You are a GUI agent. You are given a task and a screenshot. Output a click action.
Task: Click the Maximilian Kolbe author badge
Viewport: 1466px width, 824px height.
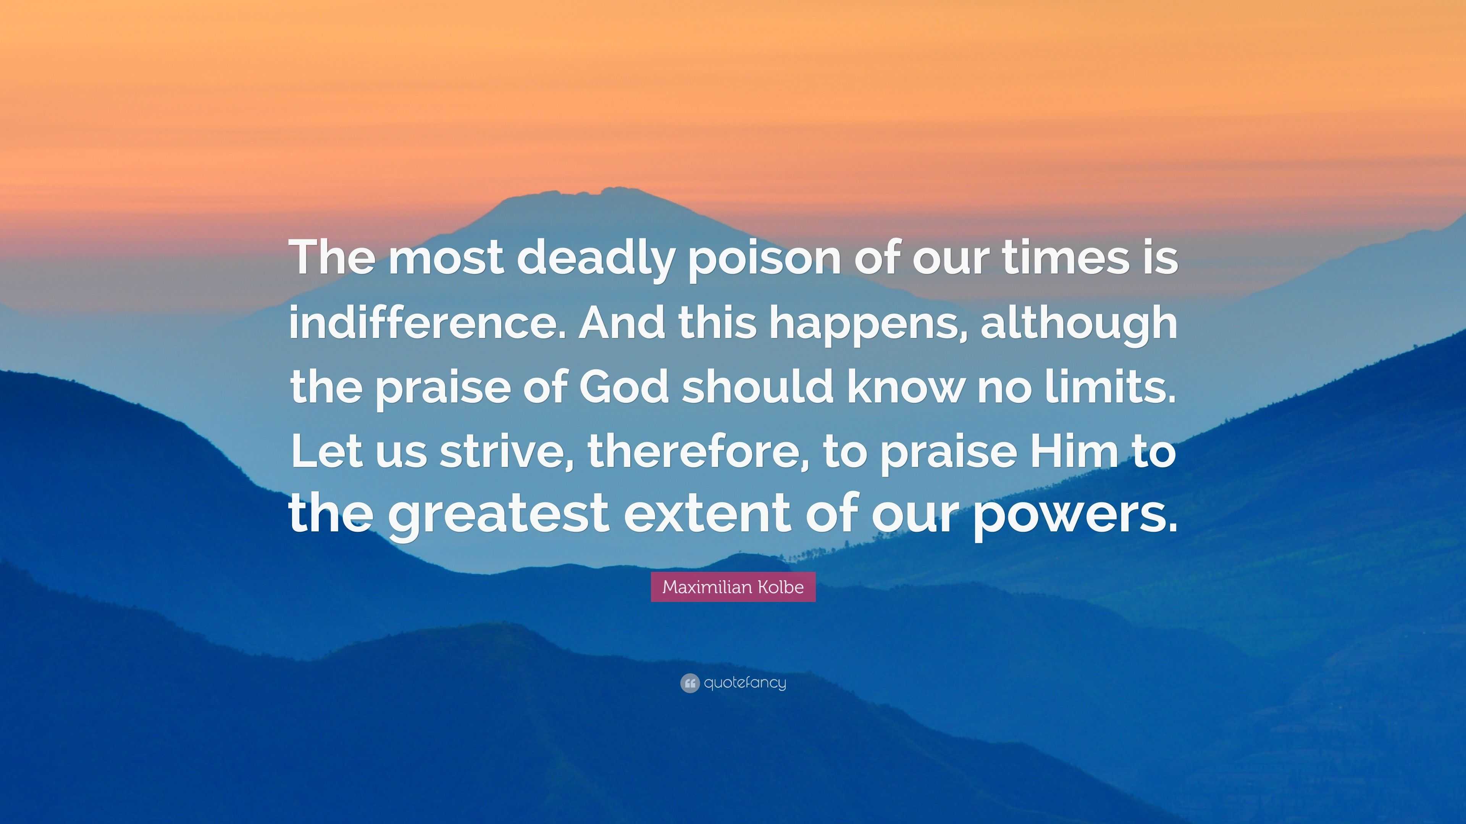(x=733, y=587)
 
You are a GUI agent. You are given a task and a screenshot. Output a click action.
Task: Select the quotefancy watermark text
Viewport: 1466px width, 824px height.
(x=745, y=683)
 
